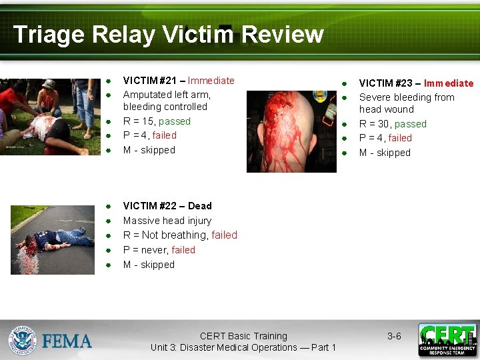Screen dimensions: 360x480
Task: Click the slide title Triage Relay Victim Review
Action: pyautogui.click(x=168, y=34)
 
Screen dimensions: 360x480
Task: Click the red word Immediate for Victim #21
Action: pyautogui.click(x=211, y=81)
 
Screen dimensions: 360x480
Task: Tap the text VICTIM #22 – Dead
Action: pyautogui.click(x=167, y=206)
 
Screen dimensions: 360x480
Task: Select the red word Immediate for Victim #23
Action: pyautogui.click(x=449, y=83)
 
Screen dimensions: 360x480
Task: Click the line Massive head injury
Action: pyautogui.click(x=167, y=221)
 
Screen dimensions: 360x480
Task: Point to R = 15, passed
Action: pyautogui.click(x=157, y=121)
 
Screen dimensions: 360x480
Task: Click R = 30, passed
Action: pyautogui.click(x=393, y=124)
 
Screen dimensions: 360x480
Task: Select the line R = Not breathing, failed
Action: pyautogui.click(x=180, y=235)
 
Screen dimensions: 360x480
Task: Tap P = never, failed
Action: pyautogui.click(x=159, y=250)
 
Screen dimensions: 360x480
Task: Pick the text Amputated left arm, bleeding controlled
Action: pyautogui.click(x=167, y=101)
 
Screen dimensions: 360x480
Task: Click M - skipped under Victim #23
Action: pyautogui.click(x=385, y=153)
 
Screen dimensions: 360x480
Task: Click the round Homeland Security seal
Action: pyautogui.click(x=22, y=340)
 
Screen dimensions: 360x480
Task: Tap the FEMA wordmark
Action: pyautogui.click(x=67, y=341)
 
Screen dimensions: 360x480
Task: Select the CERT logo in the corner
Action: pyautogui.click(x=447, y=340)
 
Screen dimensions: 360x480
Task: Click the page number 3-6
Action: pyautogui.click(x=394, y=337)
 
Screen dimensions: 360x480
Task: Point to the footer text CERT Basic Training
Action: pyautogui.click(x=243, y=337)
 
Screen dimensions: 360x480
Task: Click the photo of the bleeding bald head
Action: pyautogui.click(x=291, y=131)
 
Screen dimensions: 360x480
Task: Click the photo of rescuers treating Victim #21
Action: pyautogui.click(x=47, y=117)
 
